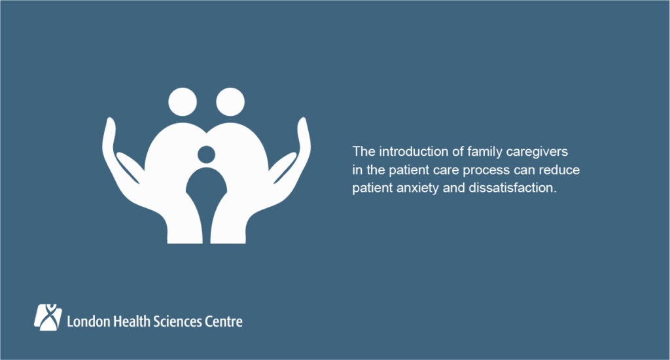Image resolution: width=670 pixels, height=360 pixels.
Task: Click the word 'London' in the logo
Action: (88, 321)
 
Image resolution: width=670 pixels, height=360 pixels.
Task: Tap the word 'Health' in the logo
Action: (131, 321)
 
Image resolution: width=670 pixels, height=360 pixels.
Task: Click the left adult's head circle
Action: (182, 102)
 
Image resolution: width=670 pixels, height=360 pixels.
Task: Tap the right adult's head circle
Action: (230, 102)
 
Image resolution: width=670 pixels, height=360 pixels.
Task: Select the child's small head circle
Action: (206, 155)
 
